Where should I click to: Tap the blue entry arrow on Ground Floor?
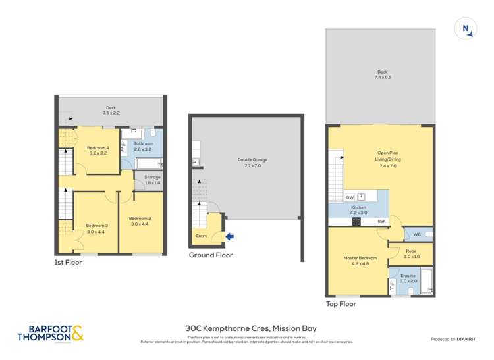(x=229, y=236)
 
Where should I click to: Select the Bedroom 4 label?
(x=97, y=148)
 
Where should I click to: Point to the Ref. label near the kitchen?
(x=380, y=222)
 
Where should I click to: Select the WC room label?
(x=416, y=234)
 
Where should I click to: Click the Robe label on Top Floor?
(x=410, y=251)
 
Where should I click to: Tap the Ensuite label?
(x=408, y=275)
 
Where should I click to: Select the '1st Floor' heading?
(x=69, y=262)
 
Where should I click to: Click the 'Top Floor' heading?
(x=341, y=304)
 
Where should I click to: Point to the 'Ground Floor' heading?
(x=211, y=255)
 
